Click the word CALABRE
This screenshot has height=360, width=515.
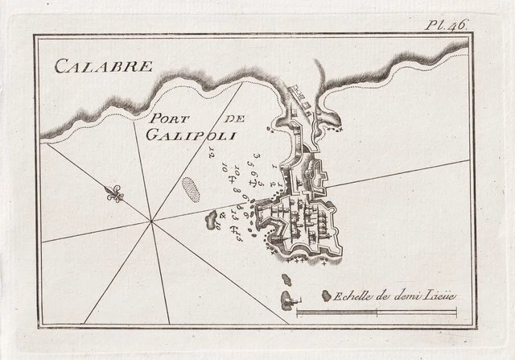tap(103, 66)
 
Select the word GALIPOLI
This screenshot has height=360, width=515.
tap(191, 135)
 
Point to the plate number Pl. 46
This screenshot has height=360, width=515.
tap(447, 25)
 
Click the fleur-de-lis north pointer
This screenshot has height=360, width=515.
tap(114, 193)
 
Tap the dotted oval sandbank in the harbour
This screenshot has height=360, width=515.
tap(192, 190)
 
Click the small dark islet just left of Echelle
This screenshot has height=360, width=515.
tap(326, 296)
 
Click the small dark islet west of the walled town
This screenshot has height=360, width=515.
tap(212, 217)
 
